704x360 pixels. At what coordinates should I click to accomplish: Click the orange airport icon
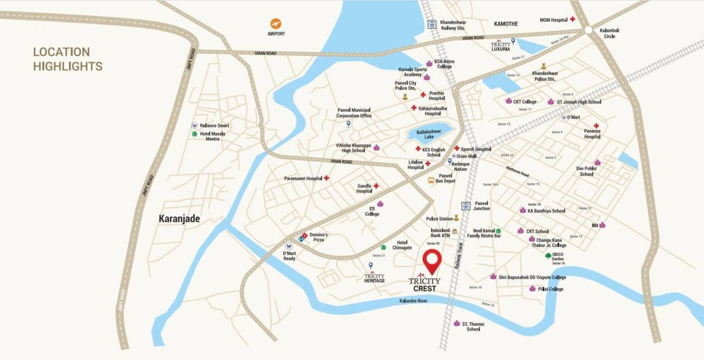[276, 24]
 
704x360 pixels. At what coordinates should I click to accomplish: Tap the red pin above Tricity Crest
[432, 260]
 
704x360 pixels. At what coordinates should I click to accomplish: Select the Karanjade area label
[179, 218]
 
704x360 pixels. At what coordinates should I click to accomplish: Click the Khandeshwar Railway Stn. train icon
[432, 24]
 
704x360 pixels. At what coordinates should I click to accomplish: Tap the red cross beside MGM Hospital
[572, 20]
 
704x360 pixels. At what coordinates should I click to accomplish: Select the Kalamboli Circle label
[609, 33]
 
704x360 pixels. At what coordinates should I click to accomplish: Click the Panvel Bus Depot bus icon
[431, 180]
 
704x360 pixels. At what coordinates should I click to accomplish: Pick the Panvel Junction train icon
[465, 206]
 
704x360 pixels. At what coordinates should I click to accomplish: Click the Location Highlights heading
[67, 59]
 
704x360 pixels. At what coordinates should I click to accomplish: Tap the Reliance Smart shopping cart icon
[194, 126]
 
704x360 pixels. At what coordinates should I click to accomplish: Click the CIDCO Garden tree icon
[548, 256]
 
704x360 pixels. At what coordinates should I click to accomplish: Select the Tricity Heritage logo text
[374, 278]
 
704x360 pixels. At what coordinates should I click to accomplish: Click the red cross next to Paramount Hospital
[326, 178]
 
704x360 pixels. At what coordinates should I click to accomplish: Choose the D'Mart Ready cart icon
[289, 246]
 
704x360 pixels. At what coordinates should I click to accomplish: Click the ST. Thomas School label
[473, 326]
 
